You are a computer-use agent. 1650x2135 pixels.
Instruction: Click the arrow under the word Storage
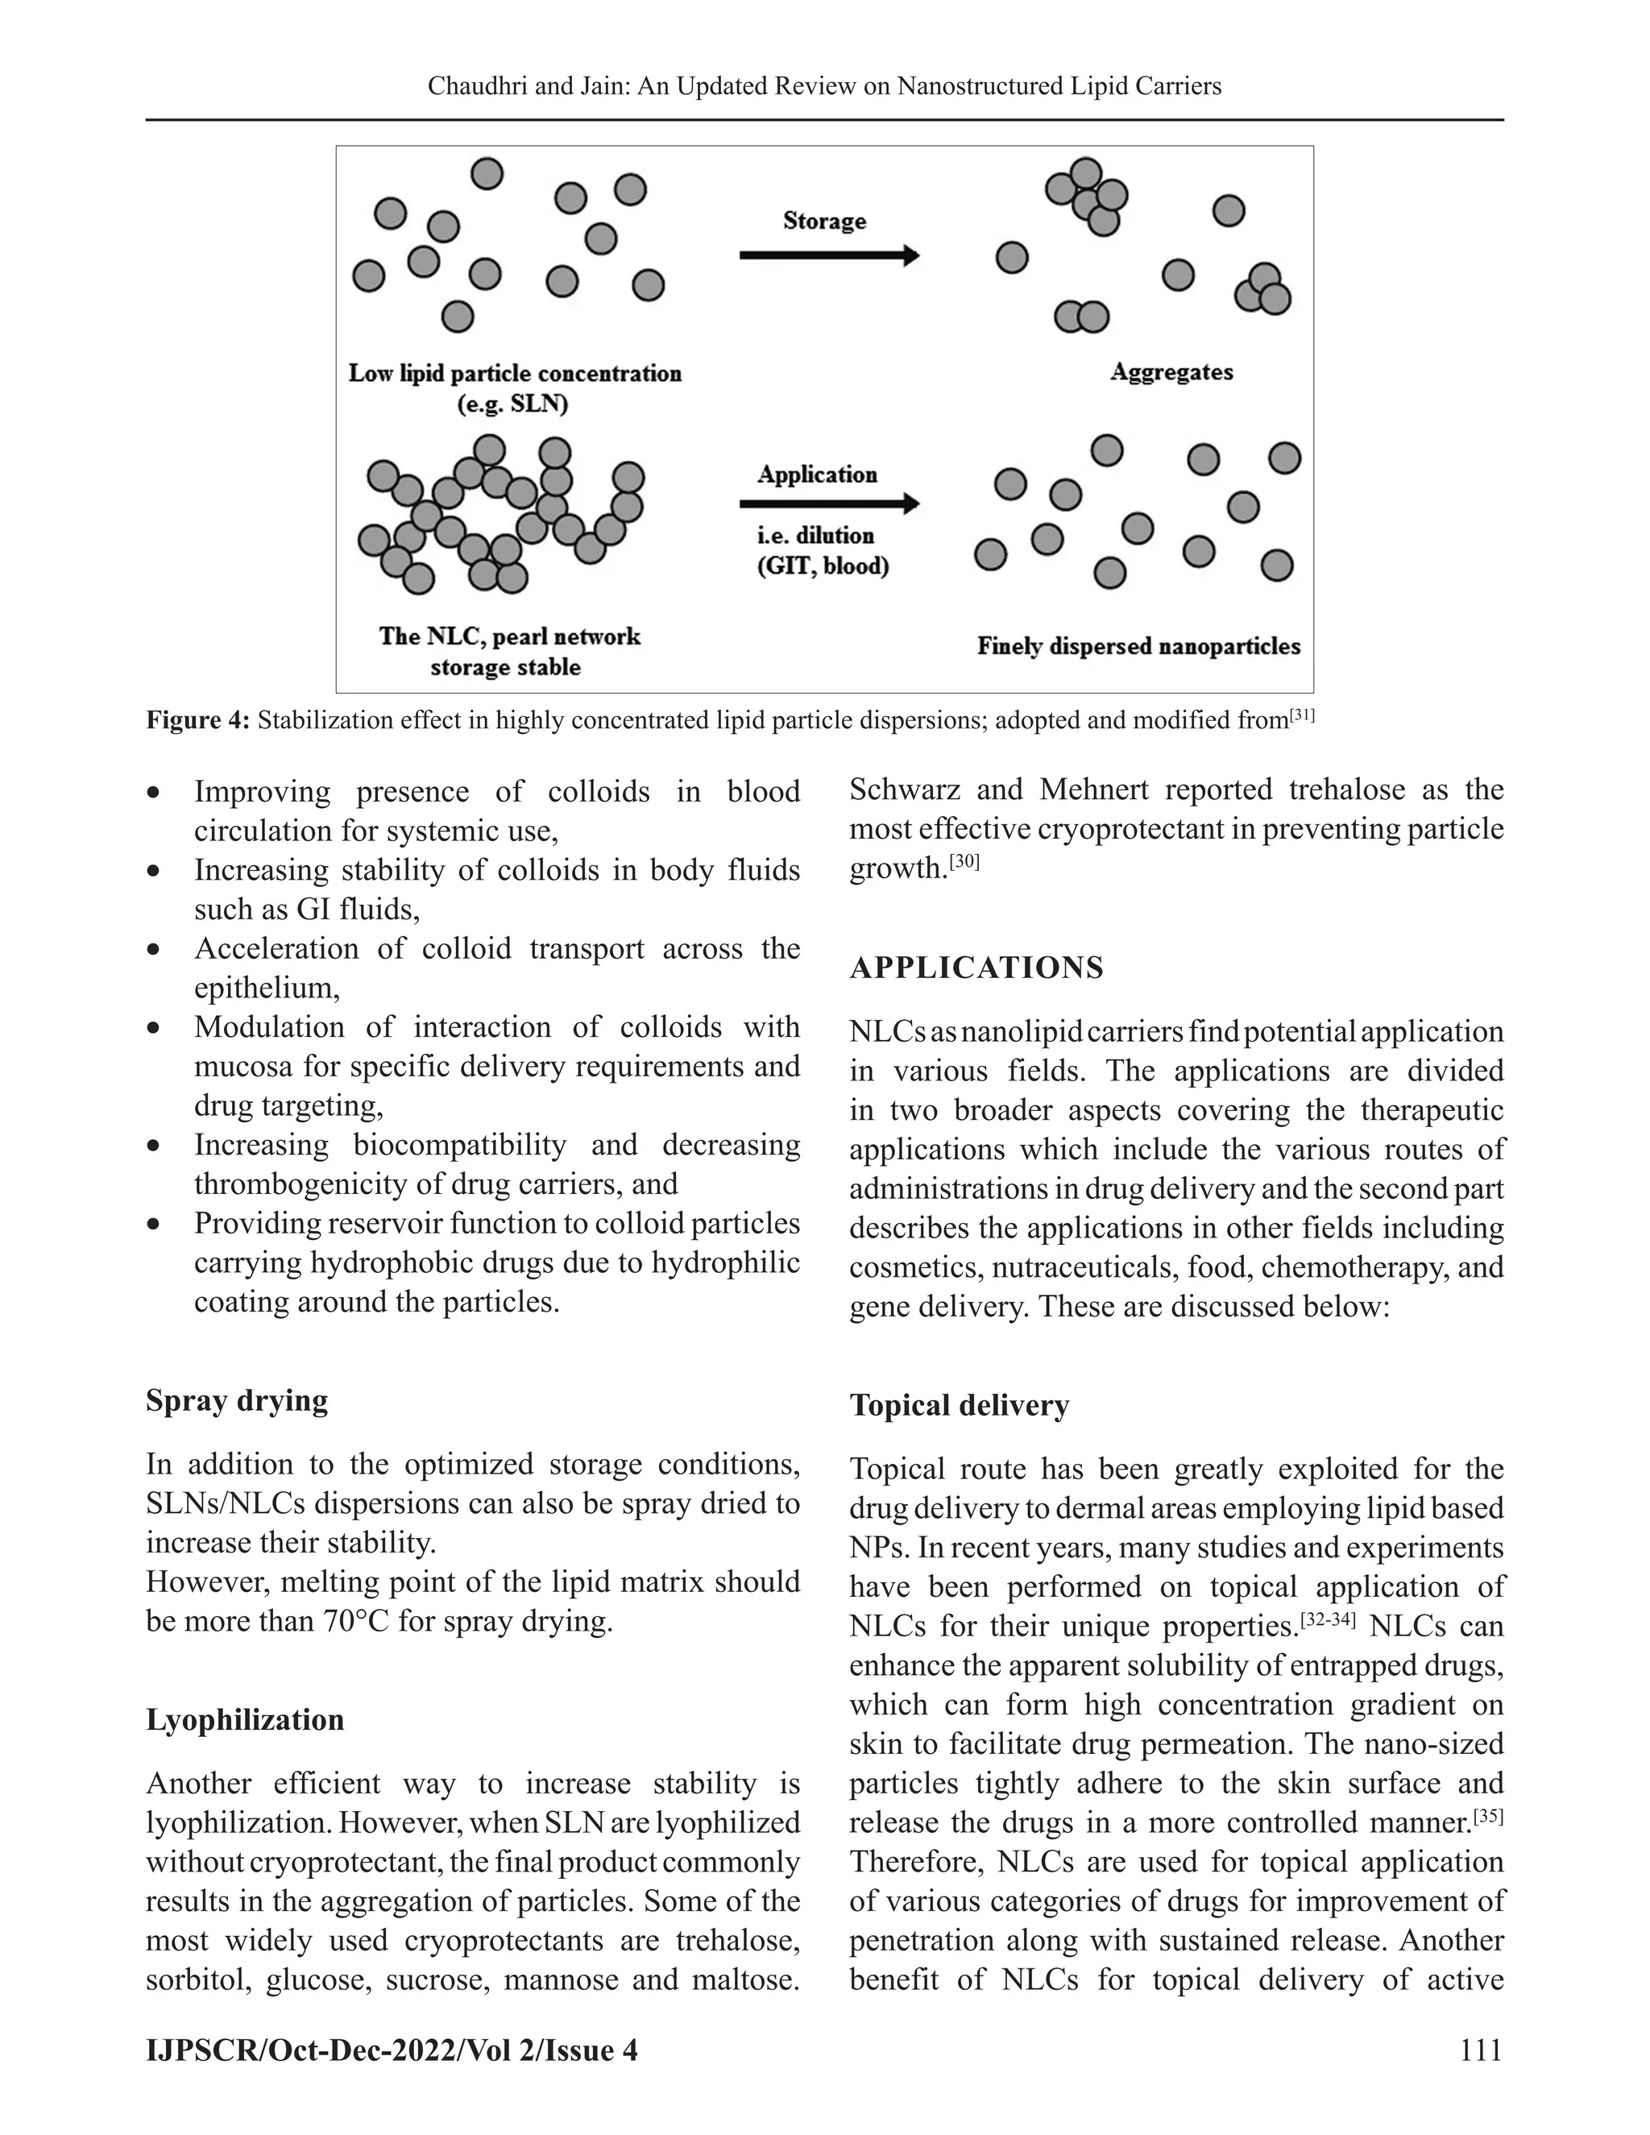[829, 256]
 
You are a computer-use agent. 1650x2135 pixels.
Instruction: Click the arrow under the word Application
[829, 504]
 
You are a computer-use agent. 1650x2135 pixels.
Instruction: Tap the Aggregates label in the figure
[1171, 372]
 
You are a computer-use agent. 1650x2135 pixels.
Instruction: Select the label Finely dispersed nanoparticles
[1138, 646]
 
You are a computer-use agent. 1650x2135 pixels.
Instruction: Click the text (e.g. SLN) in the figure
[513, 404]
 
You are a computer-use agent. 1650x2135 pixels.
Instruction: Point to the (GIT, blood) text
[823, 567]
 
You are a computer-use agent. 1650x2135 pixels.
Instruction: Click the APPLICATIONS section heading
[976, 968]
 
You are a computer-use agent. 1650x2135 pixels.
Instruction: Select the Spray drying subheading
[237, 1400]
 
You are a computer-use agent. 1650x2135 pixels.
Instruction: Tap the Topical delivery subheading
[959, 1405]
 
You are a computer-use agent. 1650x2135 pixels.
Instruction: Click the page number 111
[1480, 2049]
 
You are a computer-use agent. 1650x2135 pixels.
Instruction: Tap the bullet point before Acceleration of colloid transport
[153, 949]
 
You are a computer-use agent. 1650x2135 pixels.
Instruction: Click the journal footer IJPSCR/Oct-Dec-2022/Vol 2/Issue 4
[391, 2049]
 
